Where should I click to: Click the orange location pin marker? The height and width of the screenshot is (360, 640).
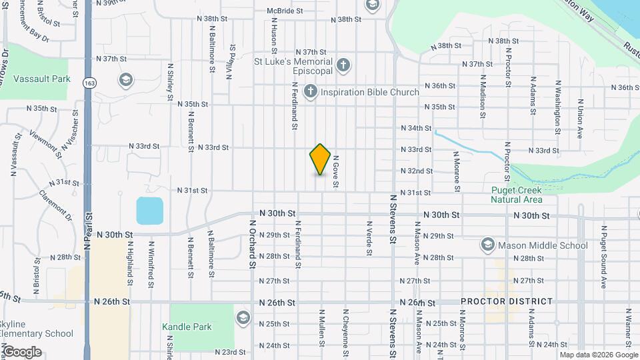pos(320,159)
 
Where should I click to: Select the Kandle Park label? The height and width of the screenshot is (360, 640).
pos(187,327)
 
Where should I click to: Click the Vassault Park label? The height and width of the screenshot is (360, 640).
pos(41,79)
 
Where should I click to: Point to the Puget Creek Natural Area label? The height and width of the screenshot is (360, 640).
pos(517,194)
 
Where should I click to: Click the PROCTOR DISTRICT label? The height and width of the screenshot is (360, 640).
pos(507,301)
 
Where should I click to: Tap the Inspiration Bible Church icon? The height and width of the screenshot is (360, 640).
pos(311,92)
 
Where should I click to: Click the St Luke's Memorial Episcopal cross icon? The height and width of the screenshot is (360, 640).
pos(343,65)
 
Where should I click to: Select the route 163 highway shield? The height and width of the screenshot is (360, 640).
pos(89,83)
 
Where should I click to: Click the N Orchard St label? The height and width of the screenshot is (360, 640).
pos(253,244)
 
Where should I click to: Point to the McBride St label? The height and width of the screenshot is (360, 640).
pos(285,11)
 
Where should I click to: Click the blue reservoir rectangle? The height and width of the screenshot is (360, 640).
pos(150,211)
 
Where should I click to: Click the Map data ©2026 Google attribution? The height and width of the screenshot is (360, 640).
pos(599,355)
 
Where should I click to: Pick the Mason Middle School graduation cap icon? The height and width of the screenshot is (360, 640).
pos(488,245)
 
